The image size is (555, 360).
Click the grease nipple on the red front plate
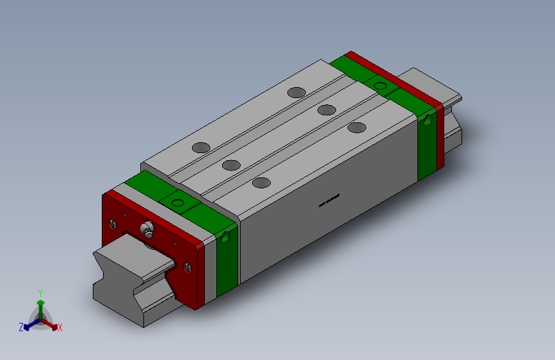[x=147, y=229]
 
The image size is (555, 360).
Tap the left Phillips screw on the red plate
[x=113, y=224]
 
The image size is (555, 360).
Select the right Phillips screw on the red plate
[x=188, y=266]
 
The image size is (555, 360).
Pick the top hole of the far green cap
[x=380, y=85]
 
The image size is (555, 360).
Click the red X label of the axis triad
[x=60, y=327]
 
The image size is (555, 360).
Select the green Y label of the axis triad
[x=40, y=291]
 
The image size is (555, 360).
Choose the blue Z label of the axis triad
[x=21, y=327]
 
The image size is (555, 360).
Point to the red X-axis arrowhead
[x=54, y=324]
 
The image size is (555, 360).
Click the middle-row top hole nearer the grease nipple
[x=230, y=165]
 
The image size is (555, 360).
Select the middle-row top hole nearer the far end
[x=326, y=110]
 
